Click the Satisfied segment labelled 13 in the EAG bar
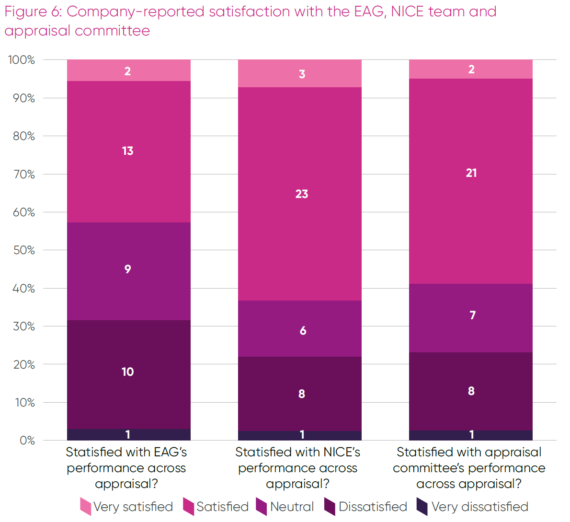click(x=128, y=151)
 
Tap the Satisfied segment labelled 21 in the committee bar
click(x=471, y=181)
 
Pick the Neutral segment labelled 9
click(x=128, y=271)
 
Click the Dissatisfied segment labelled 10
click(x=128, y=374)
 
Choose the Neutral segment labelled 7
click(x=471, y=318)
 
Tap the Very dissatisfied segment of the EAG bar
click(x=128, y=435)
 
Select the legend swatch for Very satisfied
click(x=86, y=506)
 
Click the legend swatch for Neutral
click(x=262, y=506)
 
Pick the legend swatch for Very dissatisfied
click(x=422, y=506)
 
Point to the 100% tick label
click(x=22, y=60)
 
